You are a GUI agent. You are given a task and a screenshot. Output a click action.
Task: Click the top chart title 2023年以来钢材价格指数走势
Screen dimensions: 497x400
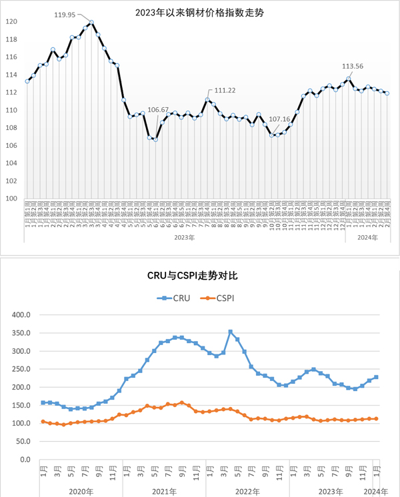(199, 11)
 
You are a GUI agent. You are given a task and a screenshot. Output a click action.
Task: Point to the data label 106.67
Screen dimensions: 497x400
(159, 109)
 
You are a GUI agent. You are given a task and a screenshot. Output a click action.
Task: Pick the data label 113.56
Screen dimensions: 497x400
(353, 67)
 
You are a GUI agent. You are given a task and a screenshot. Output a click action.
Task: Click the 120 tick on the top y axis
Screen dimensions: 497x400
(11, 21)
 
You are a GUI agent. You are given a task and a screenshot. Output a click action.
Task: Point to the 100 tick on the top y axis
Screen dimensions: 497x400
(11, 199)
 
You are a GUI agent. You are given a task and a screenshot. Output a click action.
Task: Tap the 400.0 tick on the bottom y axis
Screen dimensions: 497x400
(21, 315)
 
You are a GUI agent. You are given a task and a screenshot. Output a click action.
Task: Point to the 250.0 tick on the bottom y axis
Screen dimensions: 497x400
(21, 369)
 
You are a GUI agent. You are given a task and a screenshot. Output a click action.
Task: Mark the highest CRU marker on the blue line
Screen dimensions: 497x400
(230, 332)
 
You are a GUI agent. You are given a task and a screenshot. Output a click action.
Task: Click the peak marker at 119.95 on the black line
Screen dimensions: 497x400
(91, 22)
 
